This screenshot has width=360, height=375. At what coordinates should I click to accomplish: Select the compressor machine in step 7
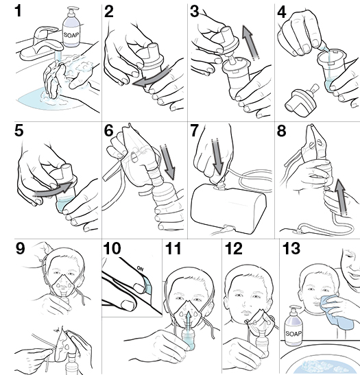coord(231,206)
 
